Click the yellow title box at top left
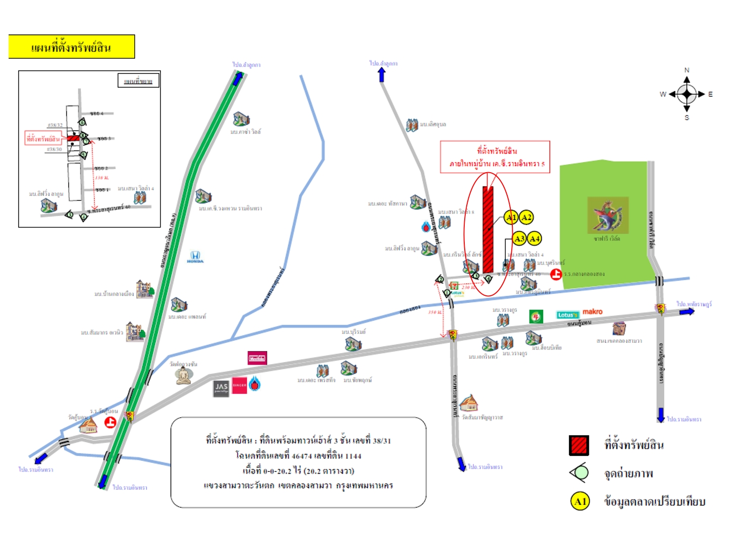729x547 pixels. tap(71, 47)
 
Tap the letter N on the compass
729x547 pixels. tap(686, 70)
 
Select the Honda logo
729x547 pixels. tap(195, 257)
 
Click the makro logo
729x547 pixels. tap(592, 312)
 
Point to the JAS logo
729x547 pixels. tap(221, 388)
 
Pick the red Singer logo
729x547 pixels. tap(239, 385)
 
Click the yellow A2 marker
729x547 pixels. tap(526, 217)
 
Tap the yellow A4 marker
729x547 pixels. tap(535, 239)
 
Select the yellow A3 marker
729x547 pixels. tap(519, 239)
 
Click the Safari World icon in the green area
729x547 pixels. tap(607, 215)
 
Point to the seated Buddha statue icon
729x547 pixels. tap(183, 375)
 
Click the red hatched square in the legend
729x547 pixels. tap(579, 445)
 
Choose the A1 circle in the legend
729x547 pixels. tap(580, 501)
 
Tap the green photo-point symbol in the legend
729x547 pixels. tap(580, 473)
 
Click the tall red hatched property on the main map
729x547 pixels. tap(488, 229)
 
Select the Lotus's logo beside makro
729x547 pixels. tap(567, 315)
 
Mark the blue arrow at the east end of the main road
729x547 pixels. tap(686, 311)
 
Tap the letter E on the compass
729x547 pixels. tap(710, 94)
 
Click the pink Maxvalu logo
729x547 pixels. tap(257, 358)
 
